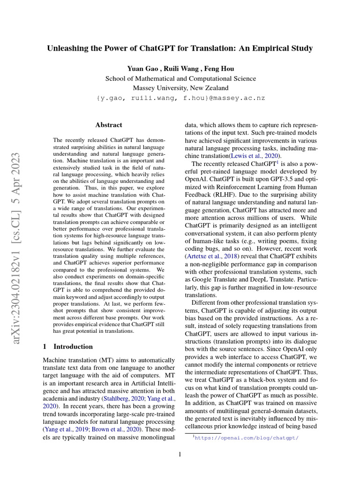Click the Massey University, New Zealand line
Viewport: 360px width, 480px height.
180,88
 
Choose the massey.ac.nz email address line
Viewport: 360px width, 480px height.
180,98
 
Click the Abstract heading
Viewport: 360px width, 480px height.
109,125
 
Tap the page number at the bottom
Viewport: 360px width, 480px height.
180,454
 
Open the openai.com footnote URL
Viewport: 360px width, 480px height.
247,438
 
